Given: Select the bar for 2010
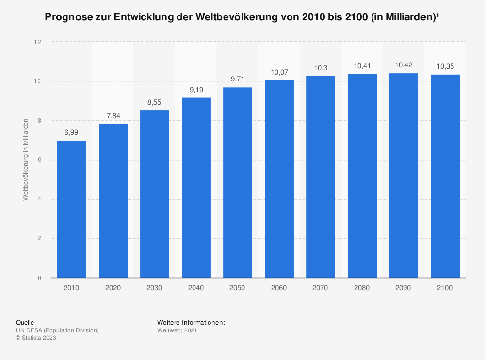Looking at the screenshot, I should tap(71, 209).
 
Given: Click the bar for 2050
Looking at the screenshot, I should tap(238, 183).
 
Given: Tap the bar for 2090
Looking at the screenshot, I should tap(404, 175).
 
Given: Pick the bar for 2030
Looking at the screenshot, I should tap(155, 194).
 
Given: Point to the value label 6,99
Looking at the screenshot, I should tap(71, 132).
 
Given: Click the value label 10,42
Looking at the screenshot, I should tap(404, 65).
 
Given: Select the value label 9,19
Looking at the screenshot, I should tap(196, 89).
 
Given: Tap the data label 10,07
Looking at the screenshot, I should tap(279, 72).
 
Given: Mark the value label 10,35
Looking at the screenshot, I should tap(445, 66).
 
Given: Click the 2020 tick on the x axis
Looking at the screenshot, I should tap(113, 288).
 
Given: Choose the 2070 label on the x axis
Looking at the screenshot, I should tap(321, 288).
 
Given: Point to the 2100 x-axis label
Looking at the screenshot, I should tap(445, 288).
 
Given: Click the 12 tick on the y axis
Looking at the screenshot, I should tap(38, 42).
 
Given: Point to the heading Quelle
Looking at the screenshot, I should tap(25, 322).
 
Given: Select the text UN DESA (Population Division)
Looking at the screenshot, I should tap(57, 330).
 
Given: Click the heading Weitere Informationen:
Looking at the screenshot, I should tap(191, 322).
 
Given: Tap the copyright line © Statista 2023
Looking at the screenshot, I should tap(36, 338).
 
